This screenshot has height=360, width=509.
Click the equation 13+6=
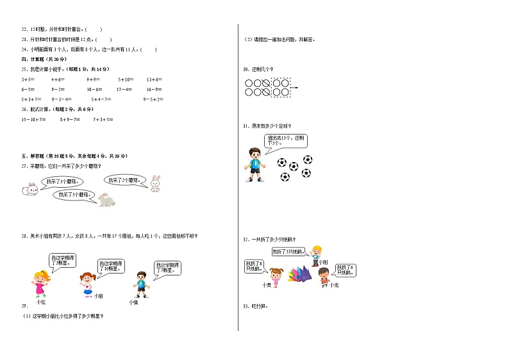[154, 79]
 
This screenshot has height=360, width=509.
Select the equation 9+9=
[94, 79]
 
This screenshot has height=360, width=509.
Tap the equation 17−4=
[124, 89]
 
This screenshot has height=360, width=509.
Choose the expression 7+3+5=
[103, 120]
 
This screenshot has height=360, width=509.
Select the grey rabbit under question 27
[106, 201]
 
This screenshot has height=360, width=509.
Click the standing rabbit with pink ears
[154, 184]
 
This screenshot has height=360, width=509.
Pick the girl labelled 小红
[41, 282]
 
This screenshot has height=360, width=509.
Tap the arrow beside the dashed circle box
[295, 88]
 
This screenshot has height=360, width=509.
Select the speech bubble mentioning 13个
[280, 140]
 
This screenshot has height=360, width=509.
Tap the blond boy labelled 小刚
[316, 254]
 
